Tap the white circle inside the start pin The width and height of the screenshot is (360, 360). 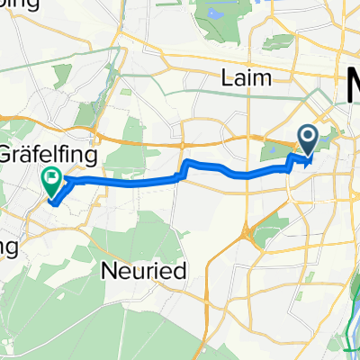(307, 138)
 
